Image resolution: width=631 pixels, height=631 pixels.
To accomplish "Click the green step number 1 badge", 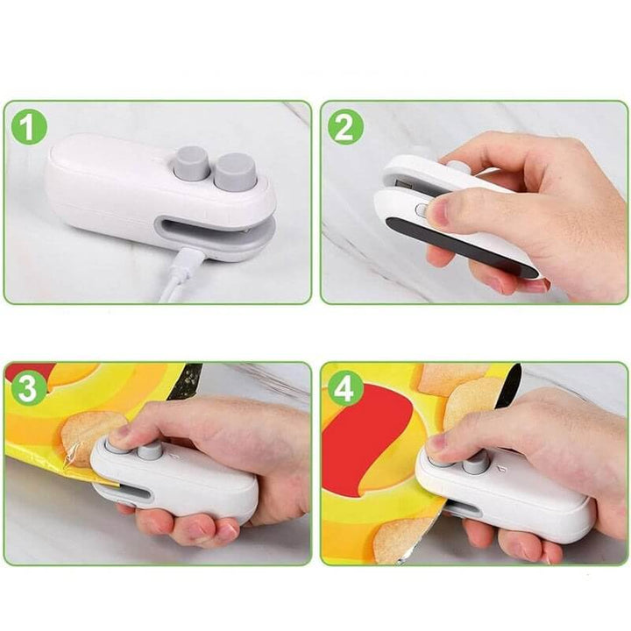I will pos(30,128).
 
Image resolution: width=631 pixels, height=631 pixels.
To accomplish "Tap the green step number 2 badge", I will pos(345,128).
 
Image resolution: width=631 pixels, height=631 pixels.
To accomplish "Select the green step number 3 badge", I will pos(30,389).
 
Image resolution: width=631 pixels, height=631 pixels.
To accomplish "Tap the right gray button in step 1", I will pos(235,168).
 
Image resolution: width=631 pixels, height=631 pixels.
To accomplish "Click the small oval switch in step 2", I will pos(421,210).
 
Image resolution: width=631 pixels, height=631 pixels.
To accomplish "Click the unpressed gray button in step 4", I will pos(476,463).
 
